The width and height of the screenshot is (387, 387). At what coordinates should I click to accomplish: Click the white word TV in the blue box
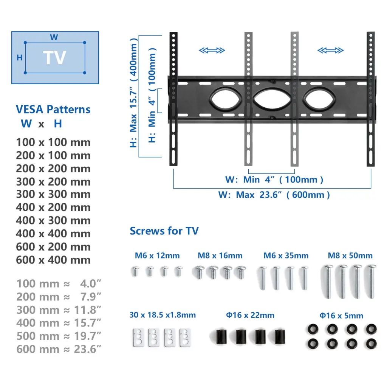(54, 58)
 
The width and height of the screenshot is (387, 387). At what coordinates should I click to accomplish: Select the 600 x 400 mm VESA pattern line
(53, 260)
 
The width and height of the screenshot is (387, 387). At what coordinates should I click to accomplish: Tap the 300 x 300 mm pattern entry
(53, 194)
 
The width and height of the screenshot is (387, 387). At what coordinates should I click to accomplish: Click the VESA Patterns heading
(53, 109)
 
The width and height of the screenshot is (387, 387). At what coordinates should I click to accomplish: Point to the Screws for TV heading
(164, 231)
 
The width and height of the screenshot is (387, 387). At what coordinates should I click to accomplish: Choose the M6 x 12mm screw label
(157, 255)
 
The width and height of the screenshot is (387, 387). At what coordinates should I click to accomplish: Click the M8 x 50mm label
(350, 255)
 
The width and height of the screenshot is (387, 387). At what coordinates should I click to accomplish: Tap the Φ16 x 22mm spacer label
(250, 315)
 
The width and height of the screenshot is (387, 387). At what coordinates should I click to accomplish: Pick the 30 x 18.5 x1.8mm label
(163, 315)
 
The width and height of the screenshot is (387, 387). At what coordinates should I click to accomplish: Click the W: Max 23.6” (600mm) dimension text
(274, 195)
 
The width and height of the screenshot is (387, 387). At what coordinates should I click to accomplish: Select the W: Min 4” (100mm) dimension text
(274, 180)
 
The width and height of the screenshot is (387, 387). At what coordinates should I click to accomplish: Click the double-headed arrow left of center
(212, 50)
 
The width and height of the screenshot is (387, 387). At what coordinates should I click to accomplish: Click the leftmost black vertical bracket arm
(173, 99)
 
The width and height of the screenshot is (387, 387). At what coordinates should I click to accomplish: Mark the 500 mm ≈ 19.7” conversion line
(59, 336)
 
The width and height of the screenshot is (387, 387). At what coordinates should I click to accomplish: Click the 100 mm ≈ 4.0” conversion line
(59, 284)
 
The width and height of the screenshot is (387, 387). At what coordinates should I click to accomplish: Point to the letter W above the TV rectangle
(54, 37)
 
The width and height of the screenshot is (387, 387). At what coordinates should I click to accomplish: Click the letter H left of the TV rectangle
(20, 58)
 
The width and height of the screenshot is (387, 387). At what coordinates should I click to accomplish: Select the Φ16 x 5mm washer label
(341, 316)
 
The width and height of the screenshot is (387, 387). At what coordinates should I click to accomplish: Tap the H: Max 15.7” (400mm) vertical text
(133, 93)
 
